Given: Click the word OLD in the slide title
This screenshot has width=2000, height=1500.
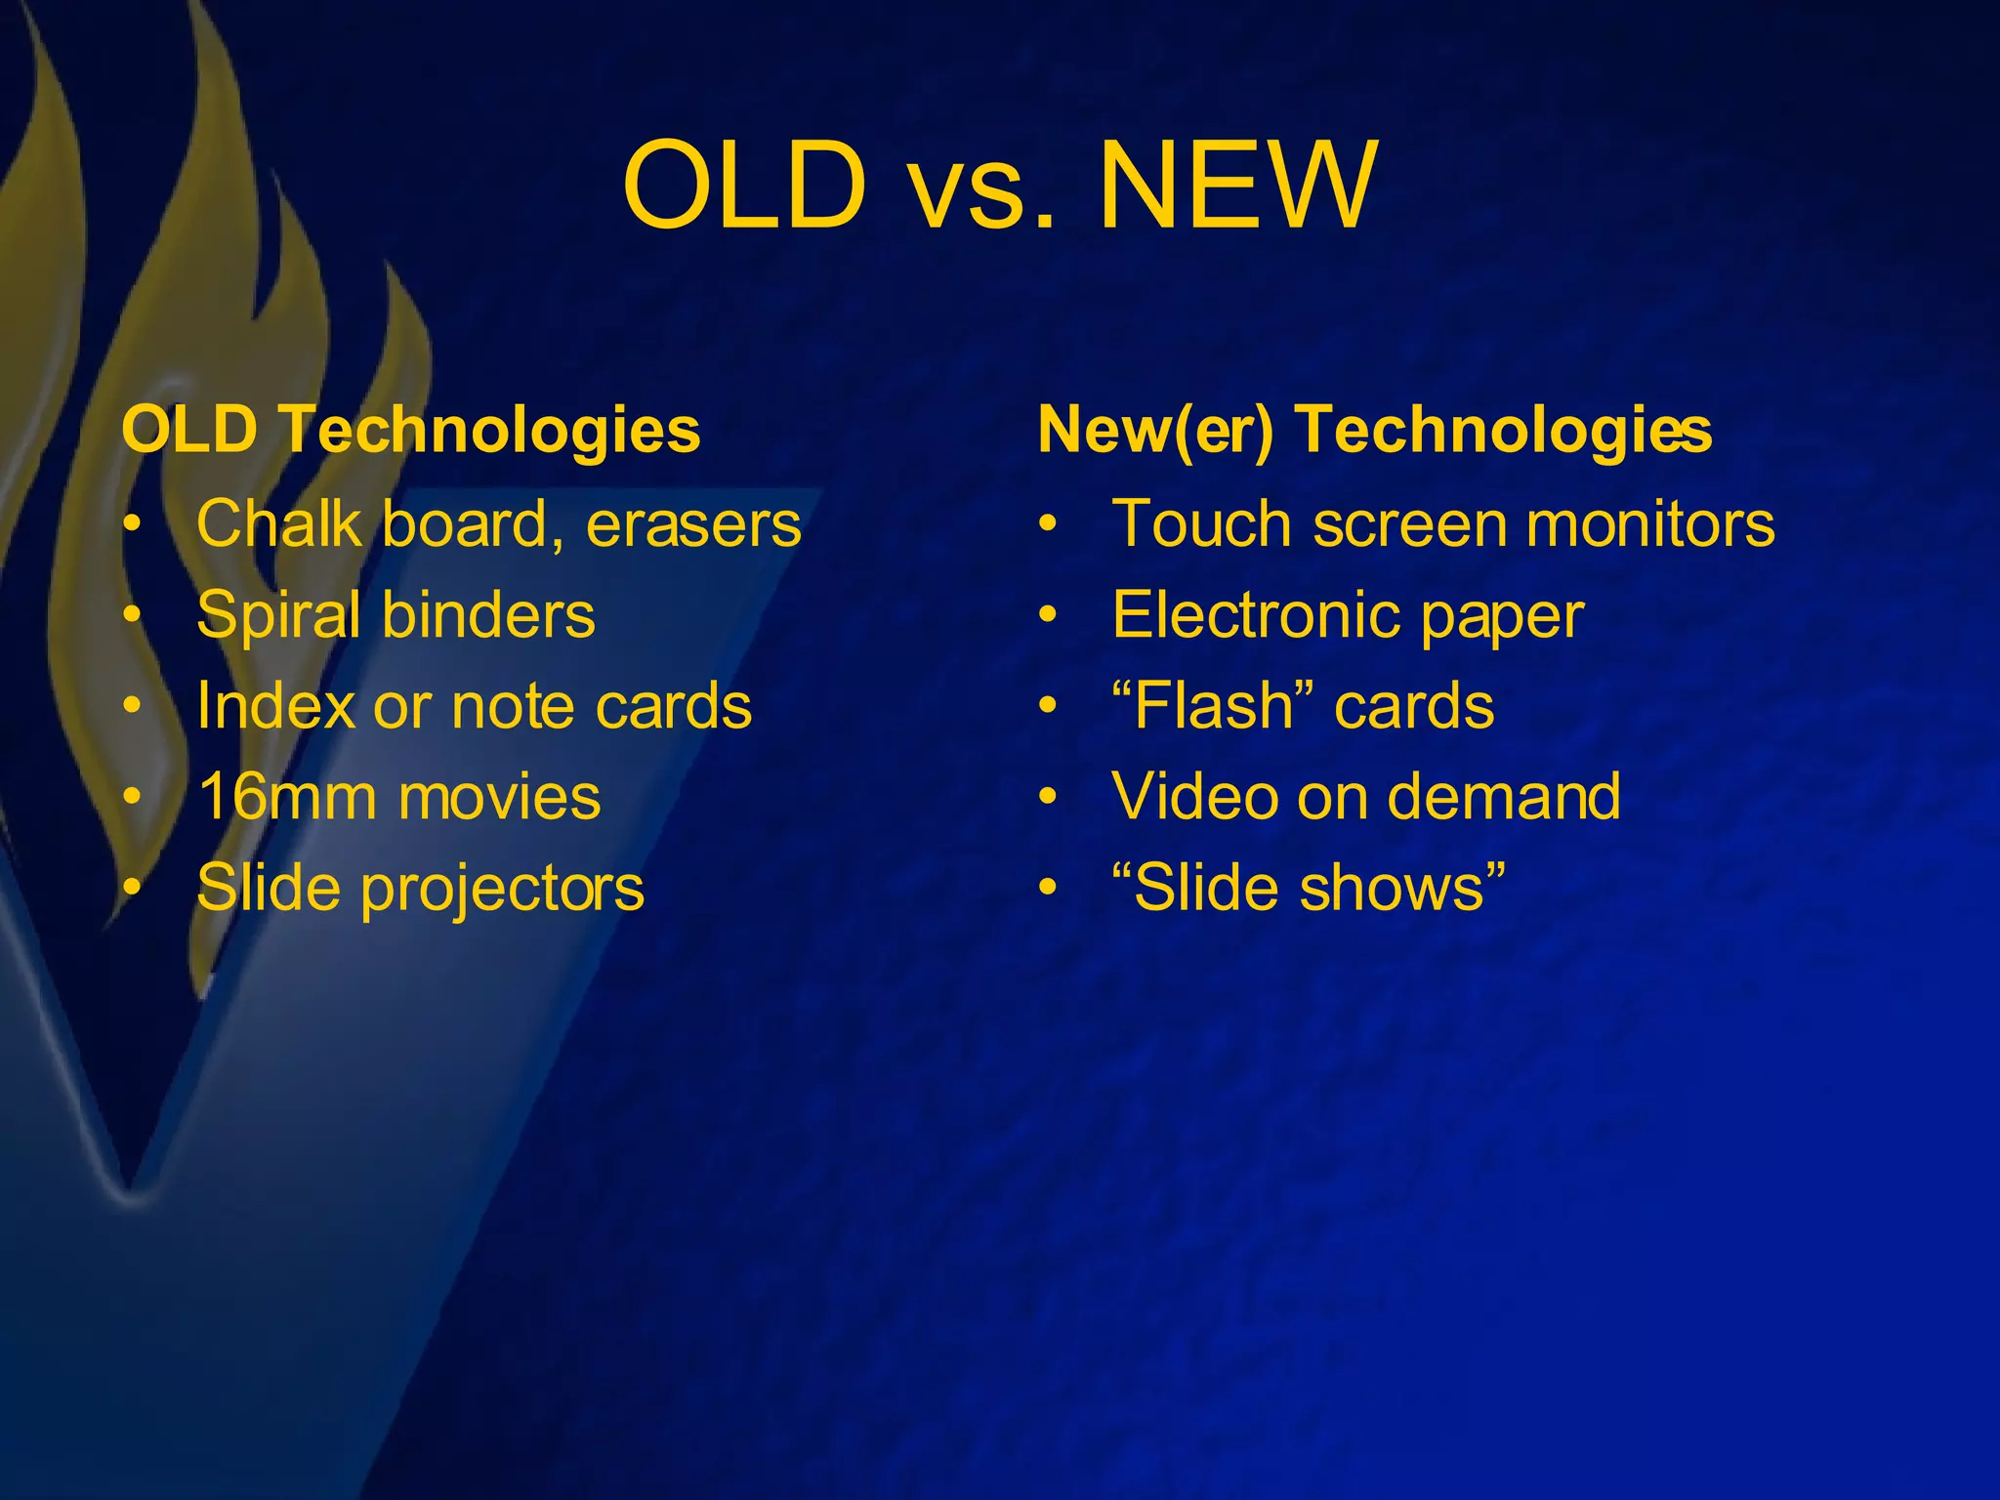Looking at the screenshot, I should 744,186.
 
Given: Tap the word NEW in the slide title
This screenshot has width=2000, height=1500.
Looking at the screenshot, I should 1238,186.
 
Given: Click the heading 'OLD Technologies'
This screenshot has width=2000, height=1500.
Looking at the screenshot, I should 411,430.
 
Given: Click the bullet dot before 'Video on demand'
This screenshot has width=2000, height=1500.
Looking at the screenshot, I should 1048,797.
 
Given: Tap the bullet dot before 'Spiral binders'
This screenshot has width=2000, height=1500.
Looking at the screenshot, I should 133,615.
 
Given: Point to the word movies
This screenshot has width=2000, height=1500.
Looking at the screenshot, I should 499,797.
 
